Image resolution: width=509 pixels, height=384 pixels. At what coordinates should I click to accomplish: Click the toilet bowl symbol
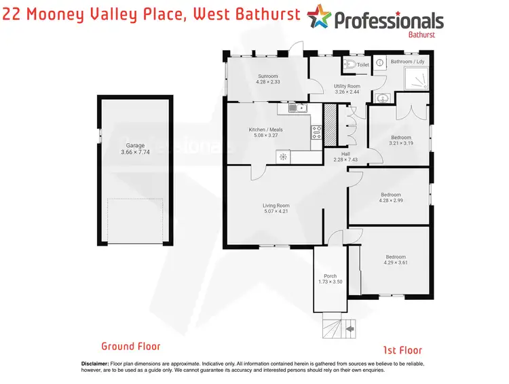click(x=350, y=65)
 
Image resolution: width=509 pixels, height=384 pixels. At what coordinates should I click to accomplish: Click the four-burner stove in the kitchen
click(x=316, y=133)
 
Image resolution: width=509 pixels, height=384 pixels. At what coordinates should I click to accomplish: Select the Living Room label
click(x=276, y=206)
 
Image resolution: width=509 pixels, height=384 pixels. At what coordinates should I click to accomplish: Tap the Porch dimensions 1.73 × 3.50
click(x=331, y=282)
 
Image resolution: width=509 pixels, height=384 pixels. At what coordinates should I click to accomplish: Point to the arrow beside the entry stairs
click(x=350, y=330)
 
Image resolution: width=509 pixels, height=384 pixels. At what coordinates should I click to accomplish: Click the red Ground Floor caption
click(x=131, y=346)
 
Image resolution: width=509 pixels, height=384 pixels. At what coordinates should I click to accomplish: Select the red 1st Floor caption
click(x=402, y=351)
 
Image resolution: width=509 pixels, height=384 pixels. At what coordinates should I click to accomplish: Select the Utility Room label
click(x=347, y=86)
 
